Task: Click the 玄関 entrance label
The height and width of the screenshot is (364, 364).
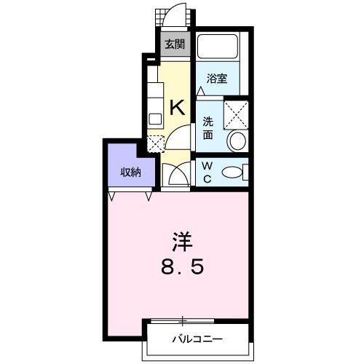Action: pos(175,44)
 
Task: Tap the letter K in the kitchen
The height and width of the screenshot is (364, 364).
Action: pos(178,108)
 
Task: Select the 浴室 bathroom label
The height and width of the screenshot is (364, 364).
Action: pos(217,79)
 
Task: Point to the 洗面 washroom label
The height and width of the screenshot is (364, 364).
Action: pos(208,128)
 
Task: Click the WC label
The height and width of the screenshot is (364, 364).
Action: pos(207,173)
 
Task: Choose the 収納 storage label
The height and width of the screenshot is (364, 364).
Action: pos(131,173)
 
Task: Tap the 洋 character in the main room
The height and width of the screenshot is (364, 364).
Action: pos(182,242)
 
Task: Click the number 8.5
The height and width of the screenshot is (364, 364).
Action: pos(182,266)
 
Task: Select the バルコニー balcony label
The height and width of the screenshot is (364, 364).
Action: pos(197,339)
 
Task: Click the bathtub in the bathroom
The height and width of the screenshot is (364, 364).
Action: pos(217,47)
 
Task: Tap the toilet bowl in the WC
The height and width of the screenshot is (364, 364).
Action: pos(232,172)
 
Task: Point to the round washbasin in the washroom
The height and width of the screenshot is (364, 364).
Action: pos(237,141)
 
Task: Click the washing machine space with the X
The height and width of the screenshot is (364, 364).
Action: pos(236,115)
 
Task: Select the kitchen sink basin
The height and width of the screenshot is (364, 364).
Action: pos(155,119)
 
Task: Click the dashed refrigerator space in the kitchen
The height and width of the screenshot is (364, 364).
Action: pos(156,144)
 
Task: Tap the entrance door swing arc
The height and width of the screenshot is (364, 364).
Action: pos(174,11)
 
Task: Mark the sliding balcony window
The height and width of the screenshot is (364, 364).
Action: pos(183,321)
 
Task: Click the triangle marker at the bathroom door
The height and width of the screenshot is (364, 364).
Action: pos(201,91)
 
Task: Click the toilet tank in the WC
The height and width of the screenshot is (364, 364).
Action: pos(245,172)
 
